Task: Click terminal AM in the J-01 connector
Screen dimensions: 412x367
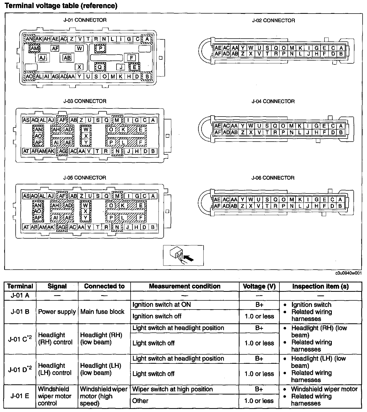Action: pyautogui.click(x=34, y=48)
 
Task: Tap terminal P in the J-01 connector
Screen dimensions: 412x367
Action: pyautogui.click(x=100, y=48)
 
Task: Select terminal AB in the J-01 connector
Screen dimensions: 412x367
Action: pyautogui.click(x=67, y=58)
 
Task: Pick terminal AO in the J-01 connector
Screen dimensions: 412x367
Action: pyautogui.click(x=29, y=76)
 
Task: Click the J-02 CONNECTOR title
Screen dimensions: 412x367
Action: pyautogui.click(x=273, y=21)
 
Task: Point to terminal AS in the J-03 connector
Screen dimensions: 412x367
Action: pyautogui.click(x=26, y=120)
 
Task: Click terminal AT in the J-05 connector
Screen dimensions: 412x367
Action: pyautogui.click(x=26, y=227)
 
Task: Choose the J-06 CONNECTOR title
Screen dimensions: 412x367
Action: pyautogui.click(x=273, y=178)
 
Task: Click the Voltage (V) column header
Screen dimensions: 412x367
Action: pyautogui.click(x=259, y=286)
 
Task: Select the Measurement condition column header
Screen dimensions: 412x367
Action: pyautogui.click(x=185, y=286)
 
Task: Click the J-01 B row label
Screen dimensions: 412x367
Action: pyautogui.click(x=20, y=312)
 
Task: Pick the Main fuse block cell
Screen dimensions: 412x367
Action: pyautogui.click(x=102, y=312)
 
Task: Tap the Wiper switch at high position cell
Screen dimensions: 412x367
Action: pyautogui.click(x=173, y=389)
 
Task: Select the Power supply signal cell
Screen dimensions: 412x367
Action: pyautogui.click(x=57, y=312)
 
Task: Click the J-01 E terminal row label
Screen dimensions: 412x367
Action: pyautogui.click(x=20, y=396)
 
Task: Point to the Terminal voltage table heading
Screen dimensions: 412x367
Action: pyautogui.click(x=61, y=6)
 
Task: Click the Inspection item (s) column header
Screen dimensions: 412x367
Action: pyautogui.click(x=320, y=286)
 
